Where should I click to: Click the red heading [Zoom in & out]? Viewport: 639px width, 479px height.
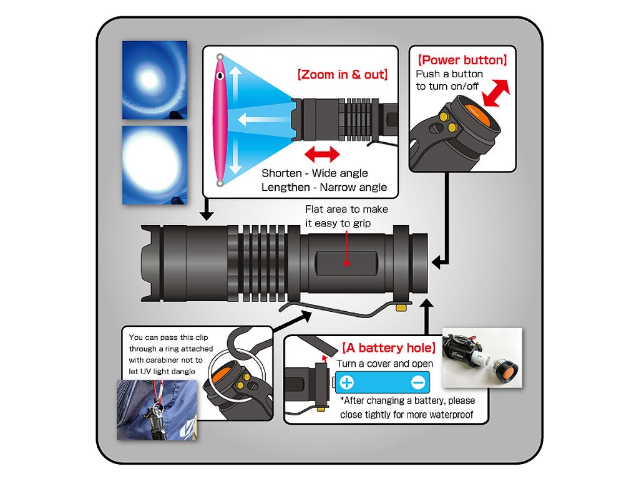coord(342,75)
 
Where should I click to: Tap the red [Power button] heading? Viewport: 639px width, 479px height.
coord(462,60)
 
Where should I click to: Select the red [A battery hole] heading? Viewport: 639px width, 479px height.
coord(388,348)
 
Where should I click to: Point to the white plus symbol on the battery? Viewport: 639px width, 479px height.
coord(347,382)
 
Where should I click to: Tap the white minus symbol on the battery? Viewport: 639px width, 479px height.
coord(418,382)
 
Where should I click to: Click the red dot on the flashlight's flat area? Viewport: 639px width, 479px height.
coord(346,263)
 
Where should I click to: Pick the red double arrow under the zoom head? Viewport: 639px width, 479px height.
coord(322,153)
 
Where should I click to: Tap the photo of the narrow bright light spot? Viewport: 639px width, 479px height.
coord(154,79)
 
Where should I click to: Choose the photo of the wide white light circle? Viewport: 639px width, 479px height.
coord(154,165)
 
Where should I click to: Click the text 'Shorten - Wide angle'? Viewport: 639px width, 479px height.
coord(315,173)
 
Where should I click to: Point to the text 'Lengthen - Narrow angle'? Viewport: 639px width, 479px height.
coord(324,187)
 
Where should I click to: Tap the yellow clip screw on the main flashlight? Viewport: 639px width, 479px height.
coord(401,306)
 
